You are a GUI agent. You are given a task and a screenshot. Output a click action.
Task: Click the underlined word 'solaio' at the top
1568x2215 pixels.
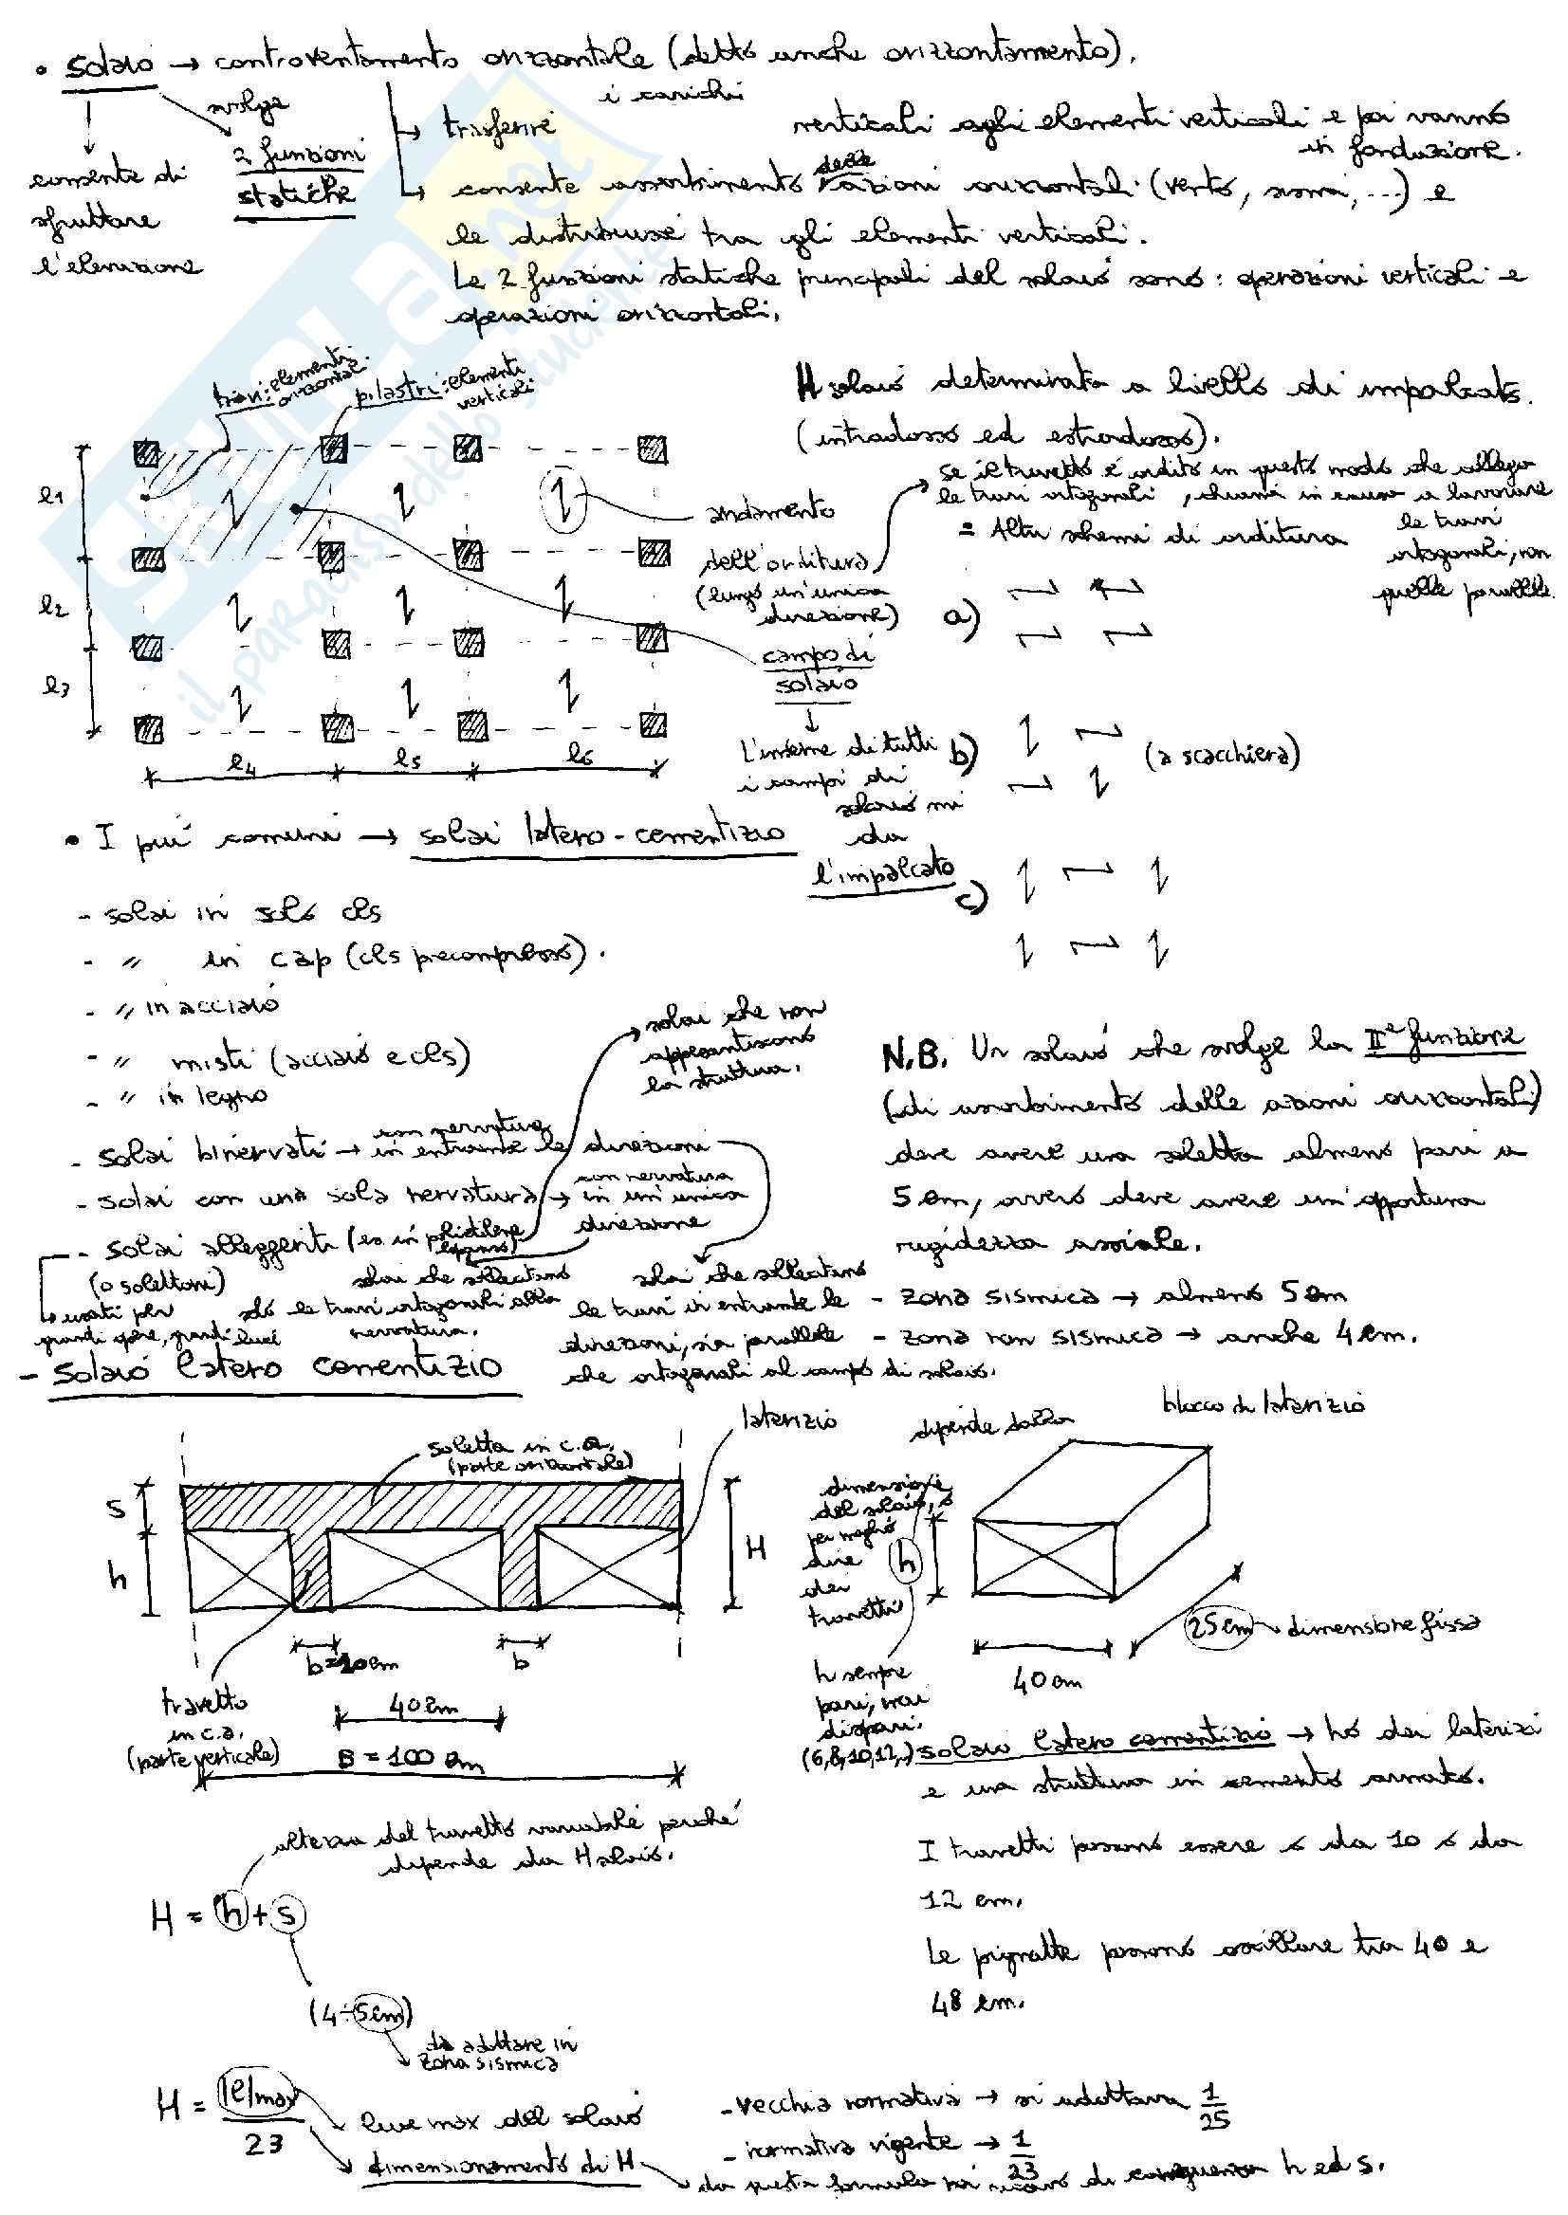109,64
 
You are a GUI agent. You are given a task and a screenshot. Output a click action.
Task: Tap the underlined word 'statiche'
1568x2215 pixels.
295,194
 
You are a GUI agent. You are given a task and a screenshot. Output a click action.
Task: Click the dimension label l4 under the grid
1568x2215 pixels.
241,763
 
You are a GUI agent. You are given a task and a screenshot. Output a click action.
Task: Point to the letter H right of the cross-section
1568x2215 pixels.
757,1550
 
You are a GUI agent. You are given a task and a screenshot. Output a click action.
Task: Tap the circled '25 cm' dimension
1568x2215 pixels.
1220,1627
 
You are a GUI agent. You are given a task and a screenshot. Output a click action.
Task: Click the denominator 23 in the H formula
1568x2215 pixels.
263,2145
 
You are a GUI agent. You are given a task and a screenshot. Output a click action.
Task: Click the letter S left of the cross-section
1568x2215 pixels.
116,1508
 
